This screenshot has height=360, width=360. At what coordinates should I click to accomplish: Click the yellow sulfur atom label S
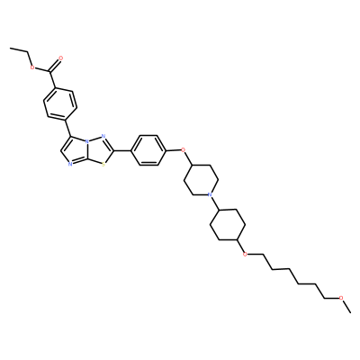(103, 165)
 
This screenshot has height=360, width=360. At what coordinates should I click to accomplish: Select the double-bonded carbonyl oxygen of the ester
(61, 57)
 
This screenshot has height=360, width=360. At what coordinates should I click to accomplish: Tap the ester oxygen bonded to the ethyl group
(32, 67)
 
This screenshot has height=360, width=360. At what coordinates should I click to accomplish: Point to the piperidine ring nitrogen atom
(210, 195)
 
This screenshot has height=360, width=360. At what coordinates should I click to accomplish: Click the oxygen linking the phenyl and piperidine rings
(184, 149)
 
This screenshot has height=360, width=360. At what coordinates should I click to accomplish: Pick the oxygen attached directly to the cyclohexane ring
(246, 255)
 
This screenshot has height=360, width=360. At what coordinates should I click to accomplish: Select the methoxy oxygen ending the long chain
(341, 298)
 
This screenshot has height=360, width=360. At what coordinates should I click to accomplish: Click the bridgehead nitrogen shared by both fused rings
(86, 140)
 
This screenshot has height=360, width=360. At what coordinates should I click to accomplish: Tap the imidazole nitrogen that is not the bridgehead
(69, 165)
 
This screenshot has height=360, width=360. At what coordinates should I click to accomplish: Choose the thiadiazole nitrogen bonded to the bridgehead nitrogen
(103, 136)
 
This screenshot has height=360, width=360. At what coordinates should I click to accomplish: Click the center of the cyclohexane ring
(228, 225)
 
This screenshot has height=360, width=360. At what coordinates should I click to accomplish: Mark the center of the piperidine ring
(201, 180)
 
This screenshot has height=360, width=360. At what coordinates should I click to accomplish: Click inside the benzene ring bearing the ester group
(60, 103)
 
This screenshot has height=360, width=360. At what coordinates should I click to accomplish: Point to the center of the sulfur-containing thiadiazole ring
(96, 150)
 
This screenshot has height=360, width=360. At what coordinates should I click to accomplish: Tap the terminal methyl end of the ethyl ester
(11, 48)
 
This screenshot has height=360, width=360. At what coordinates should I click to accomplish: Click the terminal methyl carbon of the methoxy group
(350, 312)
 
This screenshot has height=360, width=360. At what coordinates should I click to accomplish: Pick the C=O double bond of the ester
(55, 64)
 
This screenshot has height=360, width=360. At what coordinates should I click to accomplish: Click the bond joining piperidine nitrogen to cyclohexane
(215, 203)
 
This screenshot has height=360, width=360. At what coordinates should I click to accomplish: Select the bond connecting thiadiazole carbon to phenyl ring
(122, 150)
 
